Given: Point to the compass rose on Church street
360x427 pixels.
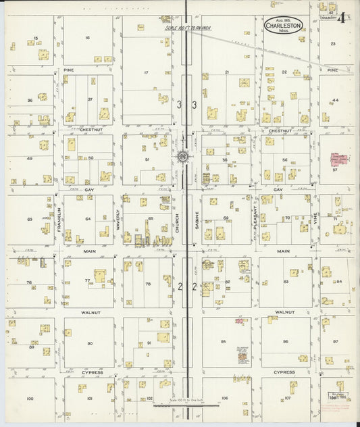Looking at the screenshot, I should pos(183,157).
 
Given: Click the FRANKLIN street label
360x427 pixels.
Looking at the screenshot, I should pos(59,220).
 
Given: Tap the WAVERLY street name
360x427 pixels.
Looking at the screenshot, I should pos(118,220).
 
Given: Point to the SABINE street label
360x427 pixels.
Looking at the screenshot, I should pos(197,220).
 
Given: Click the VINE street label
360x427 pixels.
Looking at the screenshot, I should pos(314,219).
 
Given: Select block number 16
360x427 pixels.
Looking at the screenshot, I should pos(87,38).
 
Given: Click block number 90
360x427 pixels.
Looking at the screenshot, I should pos(89,344).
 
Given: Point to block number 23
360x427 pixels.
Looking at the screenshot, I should pos(333,43).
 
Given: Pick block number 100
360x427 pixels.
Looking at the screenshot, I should pos(30,399).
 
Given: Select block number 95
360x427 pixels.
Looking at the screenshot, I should pos(223,341).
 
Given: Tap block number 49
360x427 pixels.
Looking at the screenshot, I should pos(28,159).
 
